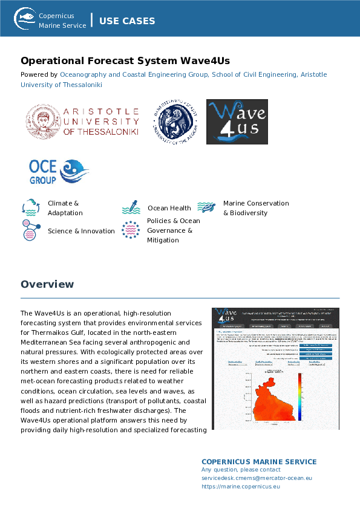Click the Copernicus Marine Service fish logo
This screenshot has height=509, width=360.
(25, 18)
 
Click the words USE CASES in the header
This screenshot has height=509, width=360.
(127, 21)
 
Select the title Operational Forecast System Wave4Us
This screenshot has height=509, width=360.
(125, 61)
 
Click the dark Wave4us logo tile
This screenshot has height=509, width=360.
(237, 122)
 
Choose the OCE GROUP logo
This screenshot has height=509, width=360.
(59, 171)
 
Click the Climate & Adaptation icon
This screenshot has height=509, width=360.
(31, 207)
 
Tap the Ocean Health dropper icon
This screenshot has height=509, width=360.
(131, 208)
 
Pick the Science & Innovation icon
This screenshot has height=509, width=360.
(31, 230)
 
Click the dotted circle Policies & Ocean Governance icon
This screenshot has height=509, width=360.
(131, 230)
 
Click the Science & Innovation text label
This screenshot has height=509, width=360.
(81, 231)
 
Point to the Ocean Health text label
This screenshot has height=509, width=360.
(169, 208)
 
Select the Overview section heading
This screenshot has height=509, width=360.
(47, 284)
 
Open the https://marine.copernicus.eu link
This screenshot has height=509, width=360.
(240, 486)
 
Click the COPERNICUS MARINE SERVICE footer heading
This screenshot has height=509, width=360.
(259, 462)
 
